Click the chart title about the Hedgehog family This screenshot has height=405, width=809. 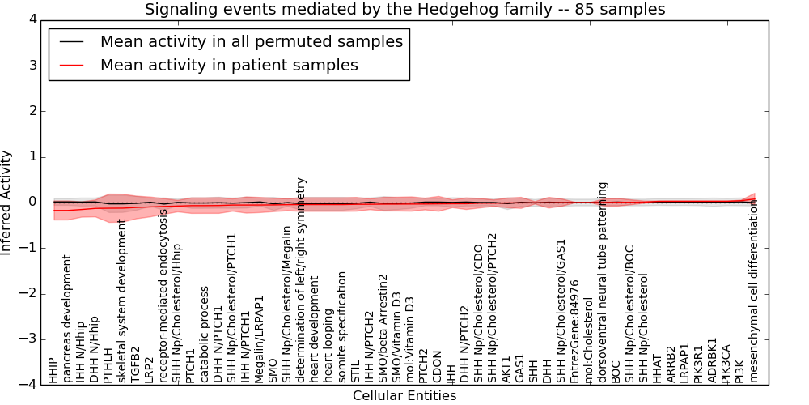[404, 10]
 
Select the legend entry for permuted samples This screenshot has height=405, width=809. [251, 41]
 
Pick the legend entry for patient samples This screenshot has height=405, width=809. [229, 65]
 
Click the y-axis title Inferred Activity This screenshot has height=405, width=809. [7, 202]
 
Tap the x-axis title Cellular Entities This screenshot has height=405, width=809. [404, 396]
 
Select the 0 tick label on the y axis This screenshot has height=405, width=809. [32, 202]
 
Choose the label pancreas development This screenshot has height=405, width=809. [67, 319]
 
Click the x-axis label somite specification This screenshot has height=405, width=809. [343, 319]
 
